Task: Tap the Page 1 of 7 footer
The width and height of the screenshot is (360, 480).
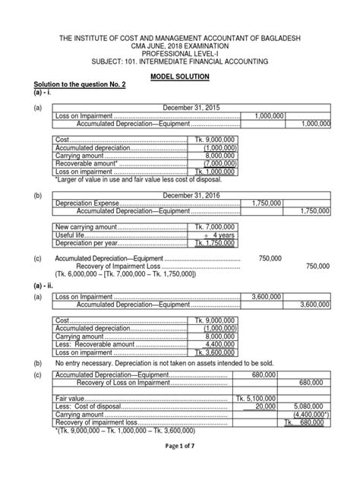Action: pos(180,469)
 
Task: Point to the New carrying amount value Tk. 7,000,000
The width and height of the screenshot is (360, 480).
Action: pos(212,228)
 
